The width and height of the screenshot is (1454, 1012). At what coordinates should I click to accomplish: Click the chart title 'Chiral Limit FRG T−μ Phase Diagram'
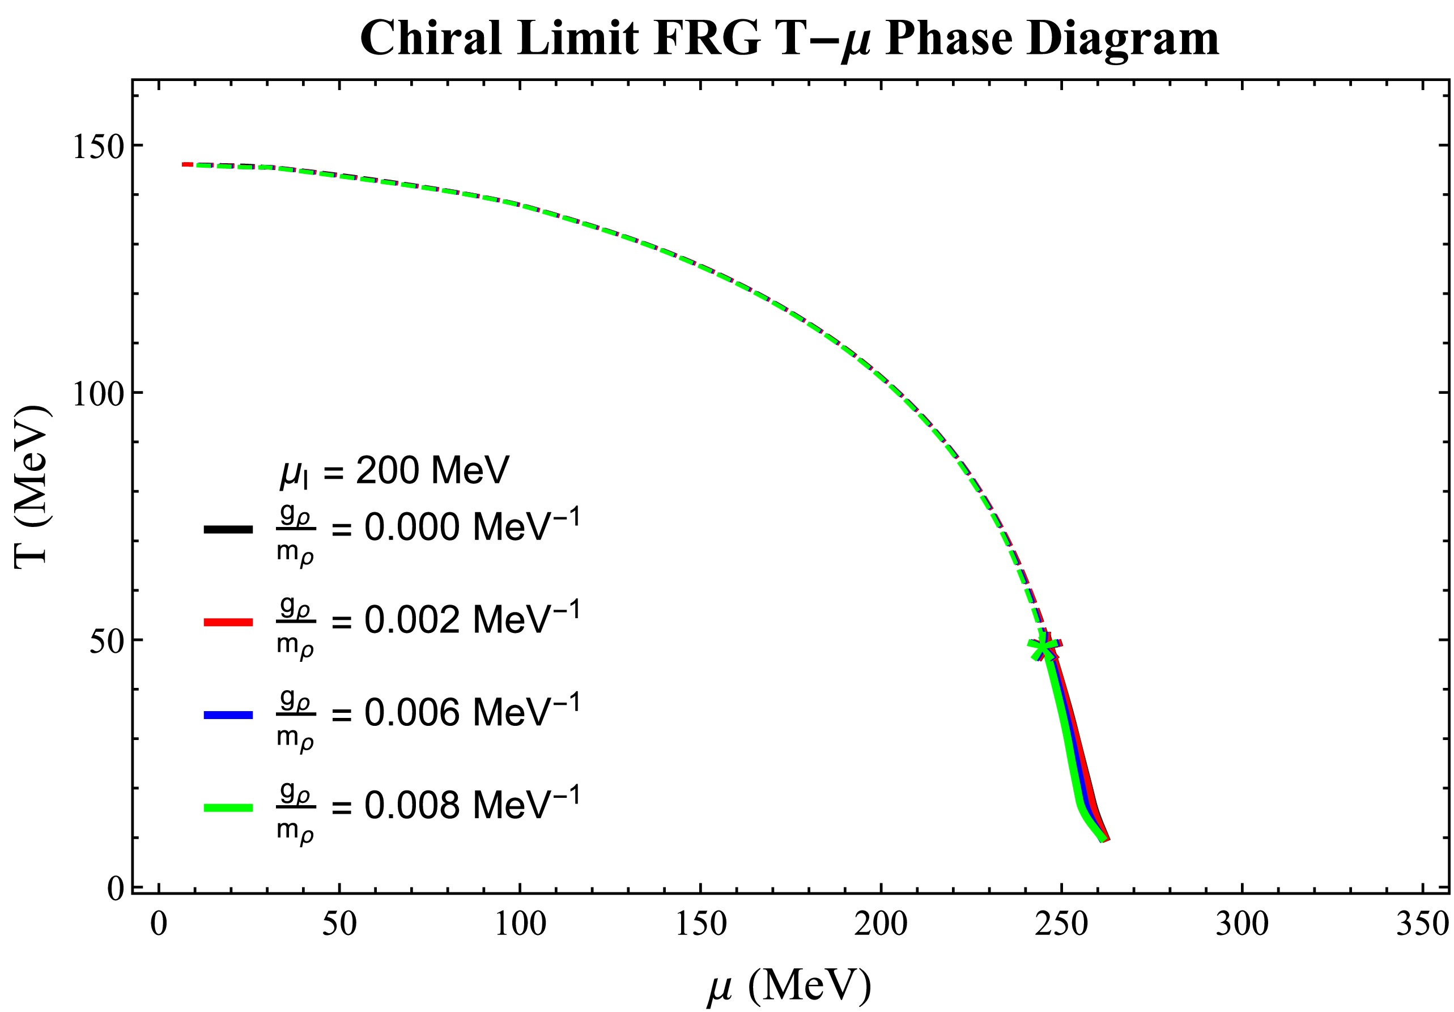click(789, 38)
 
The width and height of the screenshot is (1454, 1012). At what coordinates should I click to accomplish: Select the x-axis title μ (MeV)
click(789, 986)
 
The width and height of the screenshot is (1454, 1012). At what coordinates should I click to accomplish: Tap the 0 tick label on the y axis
click(114, 888)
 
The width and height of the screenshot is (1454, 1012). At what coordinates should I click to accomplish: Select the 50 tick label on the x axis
click(339, 924)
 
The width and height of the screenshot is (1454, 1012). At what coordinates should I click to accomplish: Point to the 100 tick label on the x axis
click(520, 924)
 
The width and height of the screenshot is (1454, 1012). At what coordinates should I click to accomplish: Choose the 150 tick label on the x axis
click(700, 924)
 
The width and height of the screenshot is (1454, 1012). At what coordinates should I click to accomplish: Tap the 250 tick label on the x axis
click(1061, 924)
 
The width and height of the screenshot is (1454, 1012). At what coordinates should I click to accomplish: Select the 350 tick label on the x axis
click(1422, 924)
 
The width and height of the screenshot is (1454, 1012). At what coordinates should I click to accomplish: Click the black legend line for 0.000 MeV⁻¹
click(228, 529)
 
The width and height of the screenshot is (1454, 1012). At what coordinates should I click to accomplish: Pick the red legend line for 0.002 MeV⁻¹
click(228, 623)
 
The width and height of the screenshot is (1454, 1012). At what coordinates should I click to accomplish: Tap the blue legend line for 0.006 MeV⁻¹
click(228, 715)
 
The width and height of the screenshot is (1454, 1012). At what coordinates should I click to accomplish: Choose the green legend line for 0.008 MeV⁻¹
click(228, 807)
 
